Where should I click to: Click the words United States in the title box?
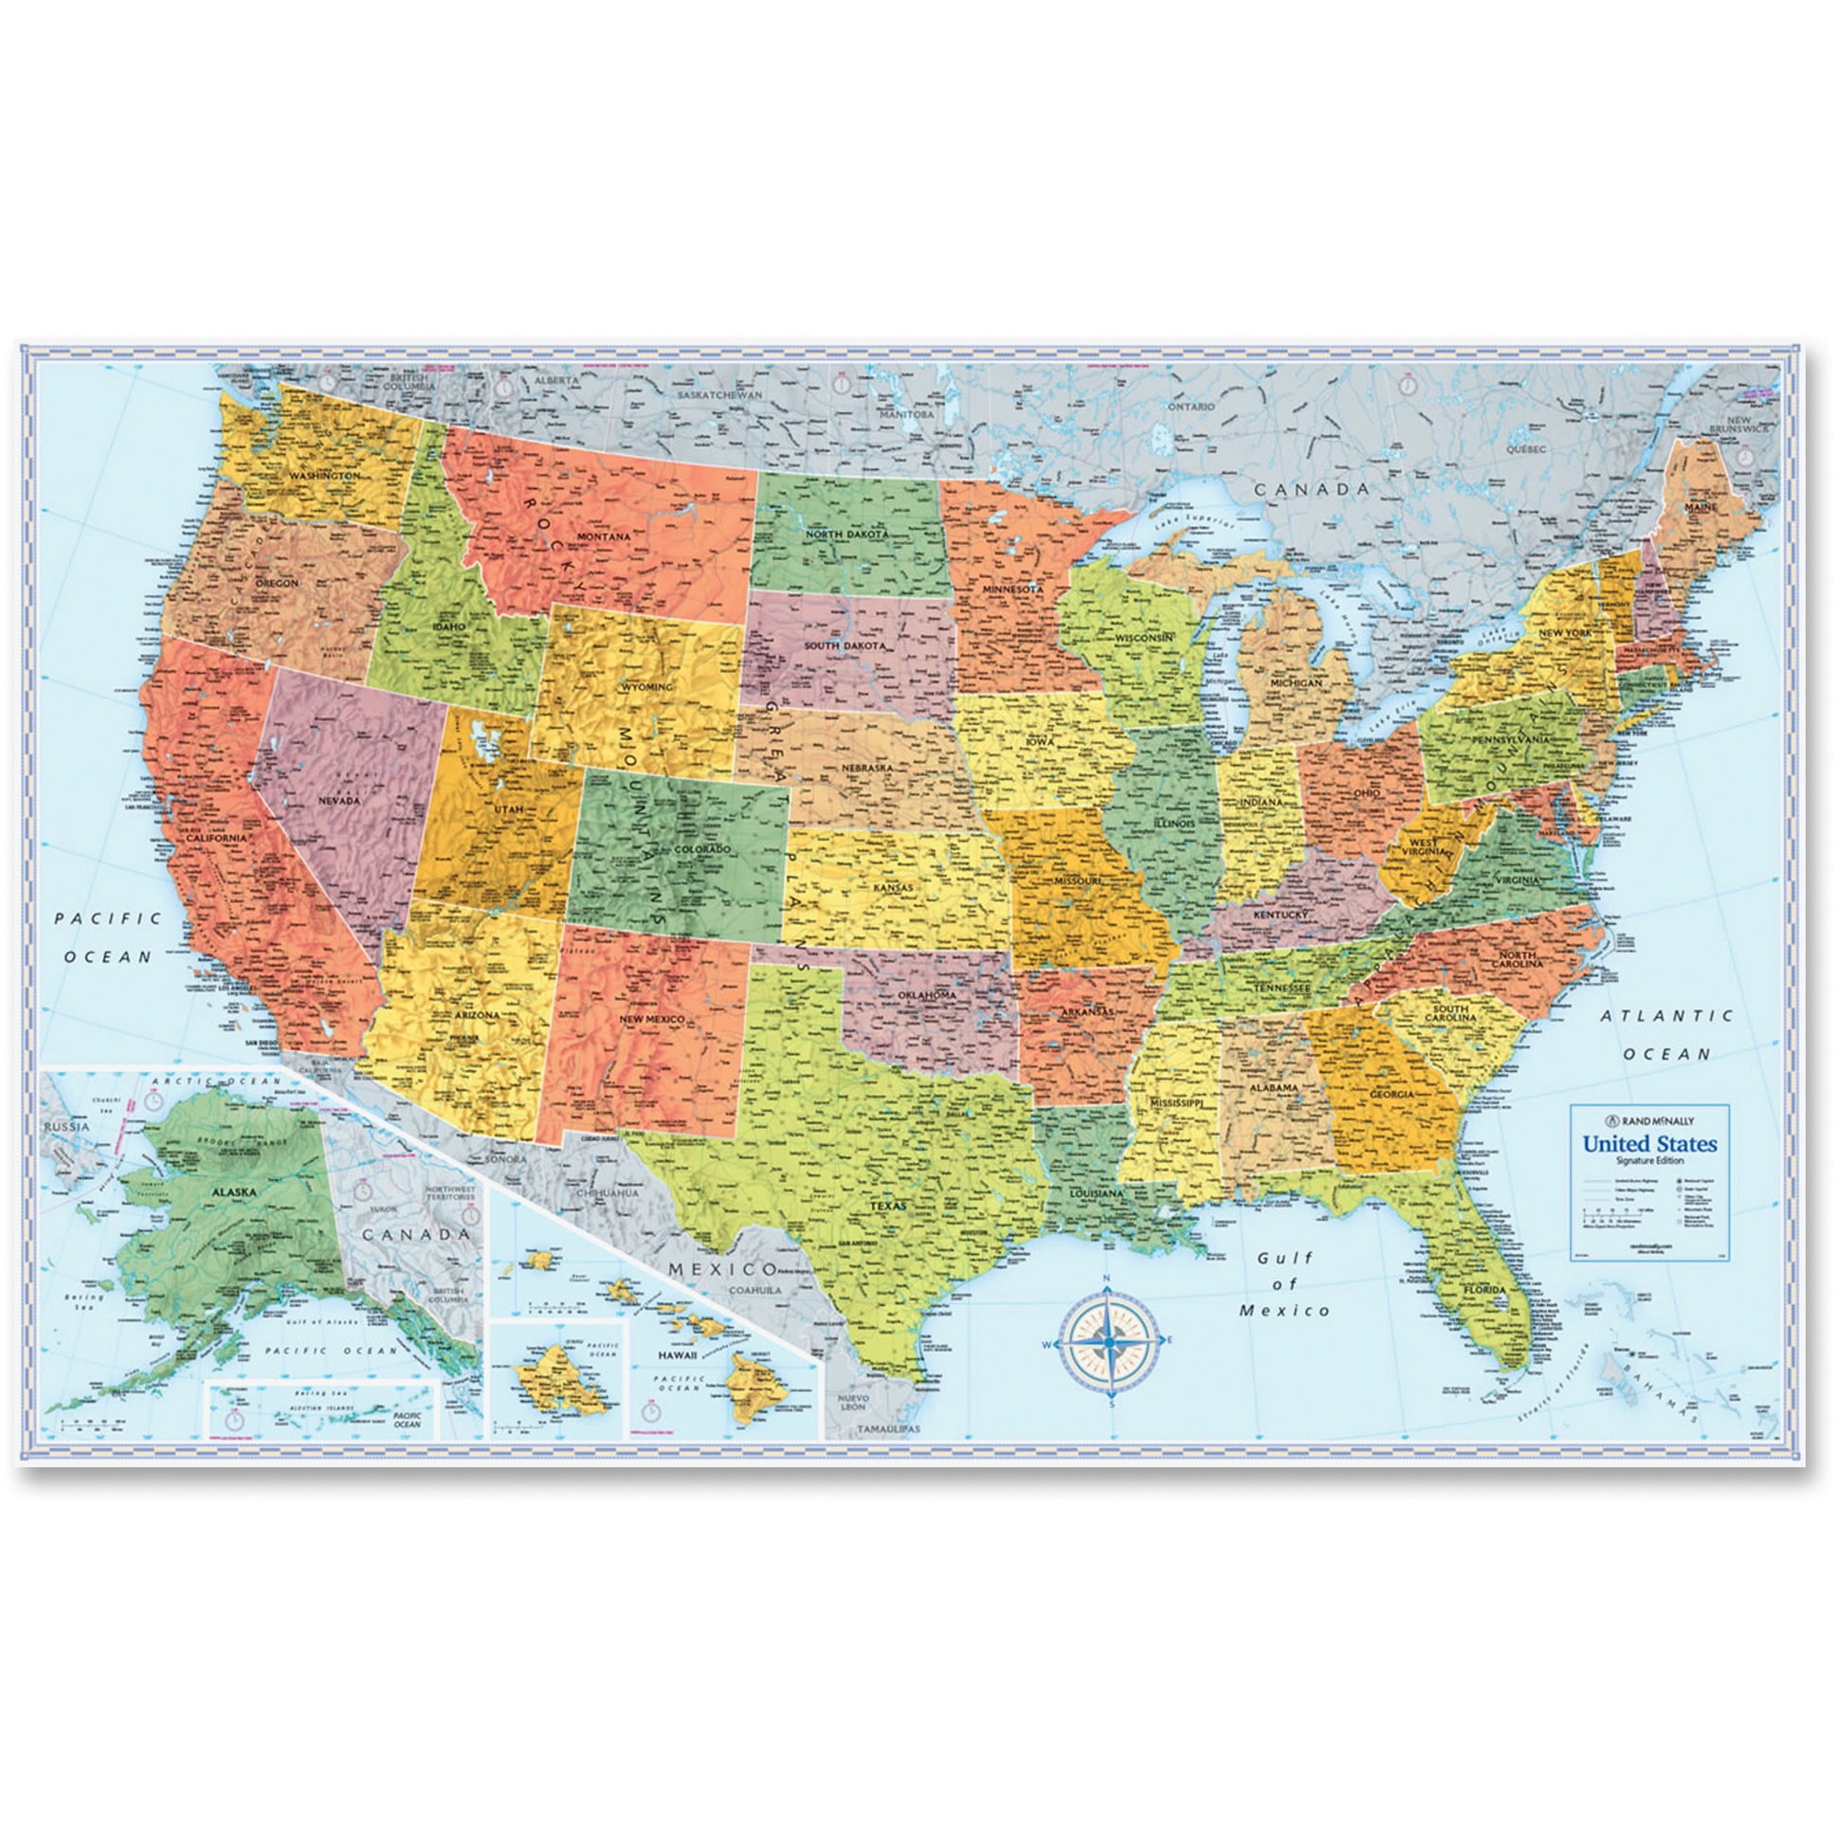point(1649,1143)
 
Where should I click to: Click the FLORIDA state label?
point(1483,1289)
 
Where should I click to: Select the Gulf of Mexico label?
point(1284,1284)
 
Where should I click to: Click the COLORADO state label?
point(703,848)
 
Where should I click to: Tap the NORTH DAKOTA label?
point(847,535)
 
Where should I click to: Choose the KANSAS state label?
point(893,888)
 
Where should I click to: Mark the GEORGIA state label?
point(1391,1094)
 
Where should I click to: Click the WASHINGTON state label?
point(325,475)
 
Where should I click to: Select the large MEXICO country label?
point(722,1269)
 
